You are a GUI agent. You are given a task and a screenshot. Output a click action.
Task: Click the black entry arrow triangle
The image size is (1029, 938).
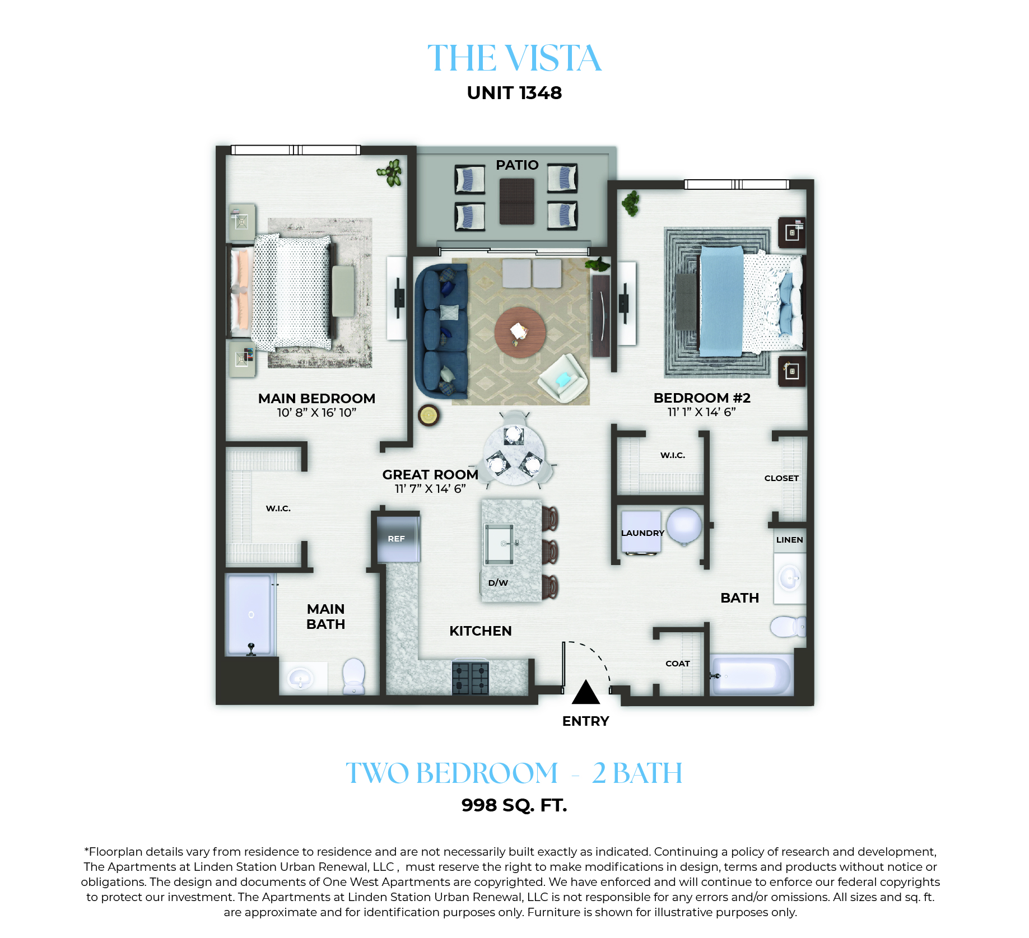tap(585, 692)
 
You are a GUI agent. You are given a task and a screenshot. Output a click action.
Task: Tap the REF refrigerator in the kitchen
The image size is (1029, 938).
tap(398, 539)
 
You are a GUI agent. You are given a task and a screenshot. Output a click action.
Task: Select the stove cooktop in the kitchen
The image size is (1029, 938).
tap(471, 678)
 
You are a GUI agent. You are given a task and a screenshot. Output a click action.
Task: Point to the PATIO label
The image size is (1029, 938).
tap(517, 165)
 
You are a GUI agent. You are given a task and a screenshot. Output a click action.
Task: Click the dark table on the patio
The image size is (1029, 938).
tap(516, 202)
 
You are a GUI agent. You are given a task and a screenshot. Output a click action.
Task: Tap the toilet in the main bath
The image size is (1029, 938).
tap(353, 676)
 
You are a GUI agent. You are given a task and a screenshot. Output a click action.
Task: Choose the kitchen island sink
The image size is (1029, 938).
tap(500, 544)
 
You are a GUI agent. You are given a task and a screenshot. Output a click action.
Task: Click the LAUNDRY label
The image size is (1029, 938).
tap(642, 533)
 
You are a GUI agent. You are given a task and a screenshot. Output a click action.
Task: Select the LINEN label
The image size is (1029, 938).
tap(789, 540)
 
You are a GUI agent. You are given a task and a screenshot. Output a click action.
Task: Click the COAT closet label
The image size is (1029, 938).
tap(677, 664)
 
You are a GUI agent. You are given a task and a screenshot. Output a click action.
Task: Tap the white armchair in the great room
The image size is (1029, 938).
tap(563, 378)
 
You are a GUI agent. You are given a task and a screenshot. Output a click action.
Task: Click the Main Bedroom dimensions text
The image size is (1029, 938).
tap(316, 413)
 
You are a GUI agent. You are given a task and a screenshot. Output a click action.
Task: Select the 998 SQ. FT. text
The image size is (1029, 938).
tap(514, 805)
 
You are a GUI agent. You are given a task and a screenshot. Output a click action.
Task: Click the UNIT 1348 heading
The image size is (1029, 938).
tap(514, 93)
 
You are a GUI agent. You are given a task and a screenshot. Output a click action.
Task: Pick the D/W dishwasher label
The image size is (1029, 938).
tap(498, 583)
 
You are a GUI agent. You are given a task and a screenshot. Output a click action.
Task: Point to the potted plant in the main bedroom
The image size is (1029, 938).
tap(390, 172)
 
